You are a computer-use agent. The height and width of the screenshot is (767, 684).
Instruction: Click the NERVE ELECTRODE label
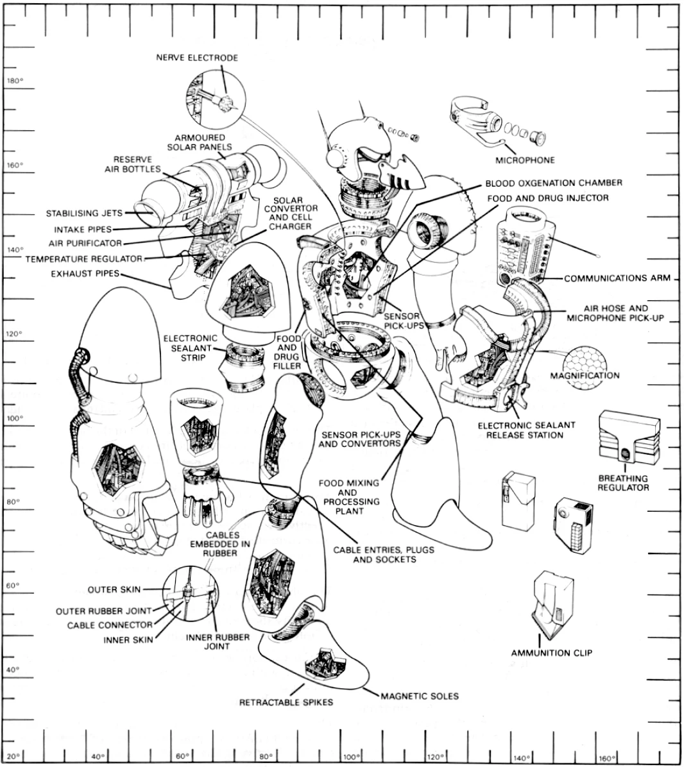[196, 58]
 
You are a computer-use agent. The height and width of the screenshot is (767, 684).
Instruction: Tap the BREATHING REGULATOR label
[623, 483]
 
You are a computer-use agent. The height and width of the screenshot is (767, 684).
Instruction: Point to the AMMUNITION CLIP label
[551, 653]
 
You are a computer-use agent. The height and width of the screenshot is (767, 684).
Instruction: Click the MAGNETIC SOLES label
[420, 696]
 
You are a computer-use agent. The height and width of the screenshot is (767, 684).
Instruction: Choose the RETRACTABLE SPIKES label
[286, 702]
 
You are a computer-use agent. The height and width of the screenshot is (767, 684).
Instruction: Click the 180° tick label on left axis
[13, 81]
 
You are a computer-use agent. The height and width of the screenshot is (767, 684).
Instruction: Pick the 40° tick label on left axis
[12, 670]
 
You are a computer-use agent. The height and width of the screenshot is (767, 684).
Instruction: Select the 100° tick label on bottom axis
[352, 757]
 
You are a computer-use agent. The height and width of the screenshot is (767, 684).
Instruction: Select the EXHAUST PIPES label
[87, 274]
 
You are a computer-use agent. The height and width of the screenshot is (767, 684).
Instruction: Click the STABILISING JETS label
[81, 214]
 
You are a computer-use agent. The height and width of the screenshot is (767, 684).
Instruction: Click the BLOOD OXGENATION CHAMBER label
[553, 183]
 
